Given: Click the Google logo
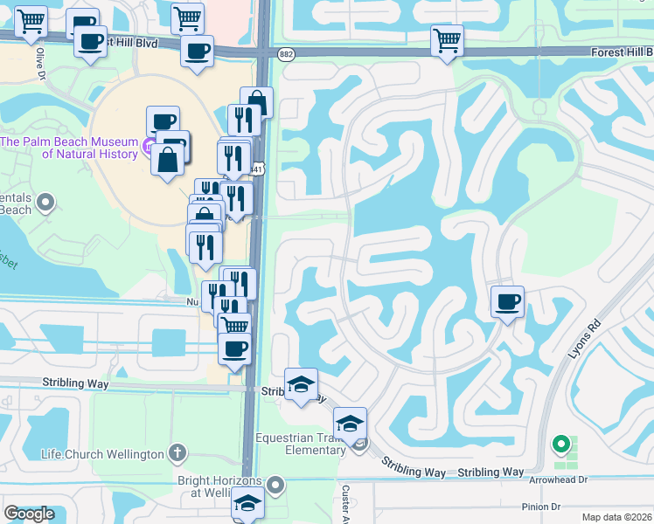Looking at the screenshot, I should tap(30, 514).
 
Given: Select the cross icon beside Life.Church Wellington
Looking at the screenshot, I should tap(177, 452).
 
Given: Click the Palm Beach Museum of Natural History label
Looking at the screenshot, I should tap(70, 148).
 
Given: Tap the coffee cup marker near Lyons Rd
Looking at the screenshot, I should tap(507, 302).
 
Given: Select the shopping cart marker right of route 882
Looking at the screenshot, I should tap(447, 39).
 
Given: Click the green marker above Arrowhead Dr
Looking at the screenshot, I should tap(560, 445).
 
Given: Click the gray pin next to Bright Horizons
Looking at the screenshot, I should tap(276, 484).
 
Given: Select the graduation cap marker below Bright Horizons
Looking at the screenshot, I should tap(247, 503).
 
